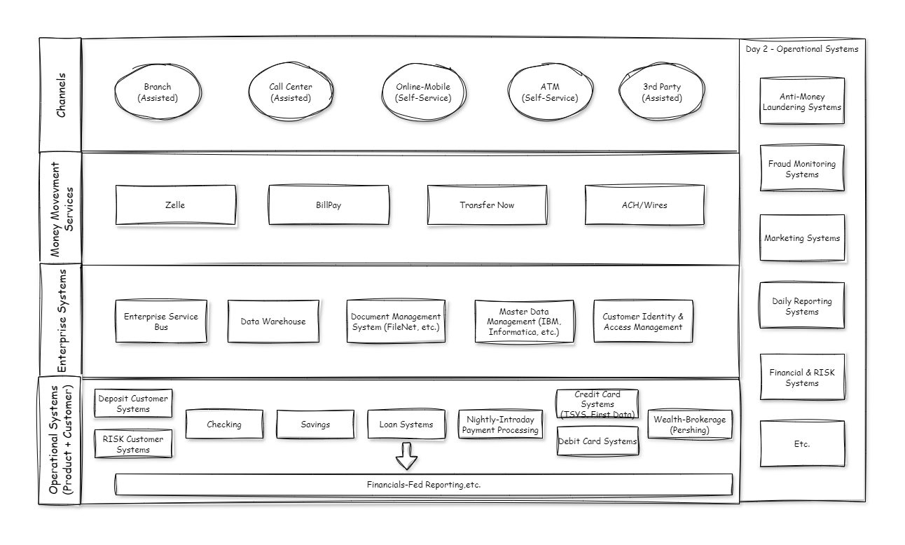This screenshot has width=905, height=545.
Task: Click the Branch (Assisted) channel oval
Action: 158,92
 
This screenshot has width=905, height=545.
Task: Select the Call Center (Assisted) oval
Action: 291,92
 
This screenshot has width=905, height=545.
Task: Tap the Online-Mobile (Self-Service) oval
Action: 423,92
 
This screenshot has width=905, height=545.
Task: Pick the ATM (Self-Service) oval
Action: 550,92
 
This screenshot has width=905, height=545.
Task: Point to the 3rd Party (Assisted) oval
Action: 662,92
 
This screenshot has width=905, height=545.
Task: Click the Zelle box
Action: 175,205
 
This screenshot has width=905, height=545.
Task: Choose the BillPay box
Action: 329,205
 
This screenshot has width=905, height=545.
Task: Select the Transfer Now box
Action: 487,205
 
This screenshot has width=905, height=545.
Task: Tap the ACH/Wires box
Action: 644,205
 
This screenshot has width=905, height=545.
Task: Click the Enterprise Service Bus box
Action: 161,322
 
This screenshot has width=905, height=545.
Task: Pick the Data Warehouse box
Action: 273,322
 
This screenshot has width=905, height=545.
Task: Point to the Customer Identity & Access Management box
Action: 643,322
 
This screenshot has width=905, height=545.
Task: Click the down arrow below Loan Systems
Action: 406,457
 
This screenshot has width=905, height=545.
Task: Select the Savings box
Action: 315,425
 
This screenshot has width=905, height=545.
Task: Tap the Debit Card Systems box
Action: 597,441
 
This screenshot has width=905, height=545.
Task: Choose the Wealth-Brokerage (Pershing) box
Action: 690,425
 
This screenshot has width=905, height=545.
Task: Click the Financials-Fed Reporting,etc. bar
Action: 424,484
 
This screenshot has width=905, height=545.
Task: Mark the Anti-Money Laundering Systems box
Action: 802,102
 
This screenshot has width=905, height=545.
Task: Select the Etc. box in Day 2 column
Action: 802,444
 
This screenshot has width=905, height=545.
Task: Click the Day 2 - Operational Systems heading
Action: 802,49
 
